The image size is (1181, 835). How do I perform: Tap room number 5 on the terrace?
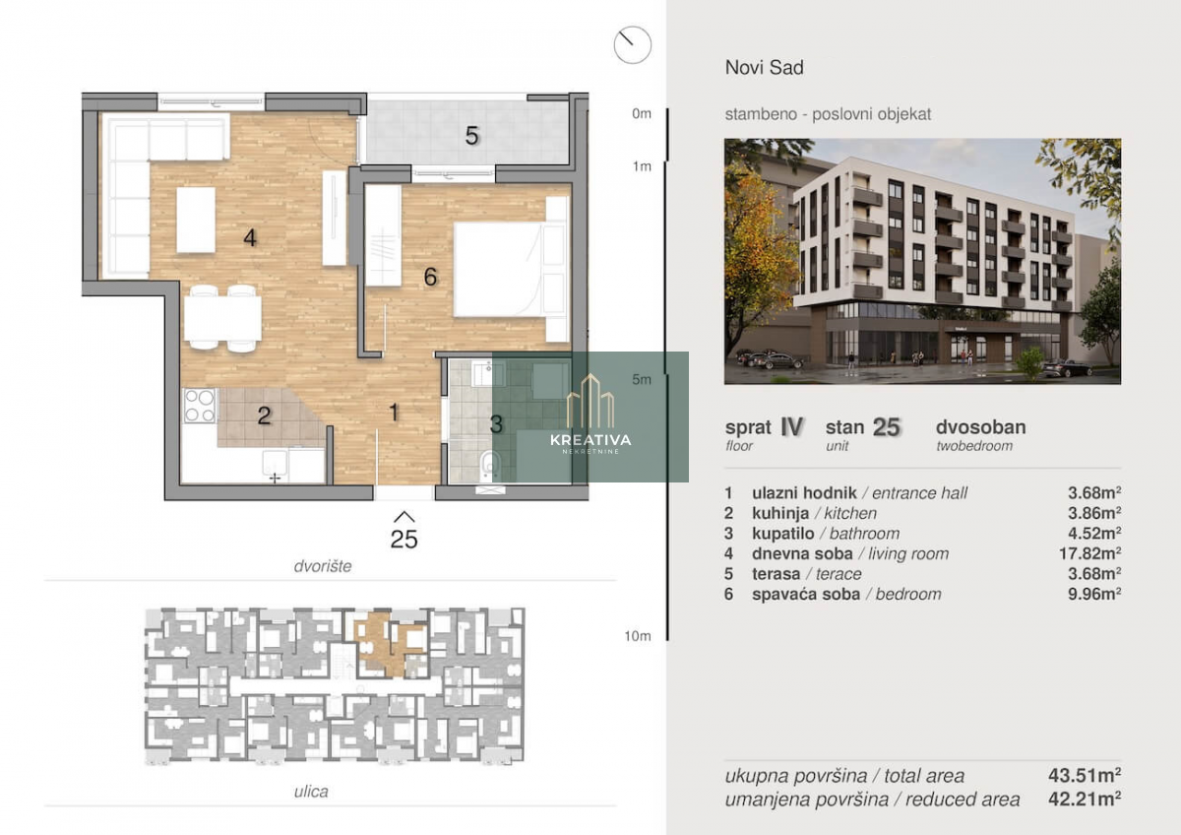coord(471,136)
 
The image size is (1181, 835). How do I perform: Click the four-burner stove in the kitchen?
coord(200,406)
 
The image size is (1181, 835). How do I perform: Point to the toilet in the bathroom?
coord(490,465)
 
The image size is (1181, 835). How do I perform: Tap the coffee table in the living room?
coord(196,220)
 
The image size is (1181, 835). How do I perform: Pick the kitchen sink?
coord(275,464)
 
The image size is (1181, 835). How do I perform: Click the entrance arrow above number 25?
coord(404,517)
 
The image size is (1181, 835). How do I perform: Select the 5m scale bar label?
coord(642,379)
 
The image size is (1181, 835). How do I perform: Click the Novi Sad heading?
coord(764,68)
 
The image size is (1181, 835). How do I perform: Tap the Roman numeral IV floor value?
coord(792,426)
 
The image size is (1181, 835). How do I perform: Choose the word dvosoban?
coord(980,426)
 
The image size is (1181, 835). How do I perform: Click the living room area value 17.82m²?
coord(1089,553)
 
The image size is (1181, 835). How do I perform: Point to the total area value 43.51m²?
coord(1085,775)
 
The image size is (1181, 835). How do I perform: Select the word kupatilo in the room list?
coord(783,534)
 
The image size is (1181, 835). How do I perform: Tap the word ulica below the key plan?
coord(311,792)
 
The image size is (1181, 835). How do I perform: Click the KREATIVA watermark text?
coord(590,440)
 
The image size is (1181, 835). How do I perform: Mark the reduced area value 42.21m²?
coord(1085,800)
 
